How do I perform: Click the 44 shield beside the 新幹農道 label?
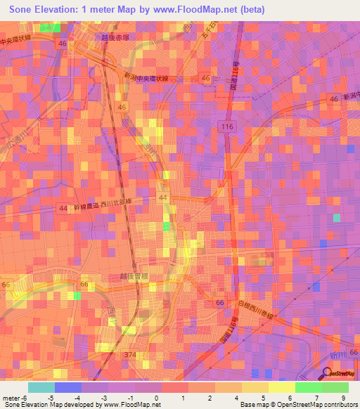coord(63,208)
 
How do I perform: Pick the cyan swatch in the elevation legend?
coord(41,387)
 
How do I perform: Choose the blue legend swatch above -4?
coord(68,387)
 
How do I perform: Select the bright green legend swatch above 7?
coord(308,387)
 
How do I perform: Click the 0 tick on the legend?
coord(156,398)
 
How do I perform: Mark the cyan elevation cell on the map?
coord(336,218)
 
